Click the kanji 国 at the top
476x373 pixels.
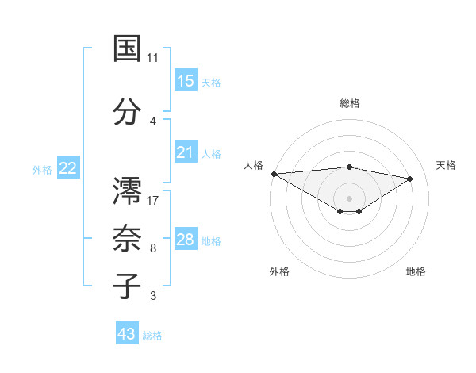coord(127,48)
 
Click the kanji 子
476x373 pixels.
coord(127,286)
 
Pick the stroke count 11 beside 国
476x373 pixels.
coord(153,58)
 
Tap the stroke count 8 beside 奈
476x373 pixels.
coord(153,249)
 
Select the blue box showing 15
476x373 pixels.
coord(186,81)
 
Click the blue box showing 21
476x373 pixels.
coord(186,152)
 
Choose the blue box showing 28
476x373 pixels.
coord(186,240)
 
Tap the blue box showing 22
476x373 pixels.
coord(68,168)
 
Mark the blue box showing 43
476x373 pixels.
coord(127,334)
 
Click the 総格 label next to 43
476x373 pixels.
coord(152,336)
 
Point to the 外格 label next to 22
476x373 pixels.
coord(42,169)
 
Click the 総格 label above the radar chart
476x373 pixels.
coord(350,103)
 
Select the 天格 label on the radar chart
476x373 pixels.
coord(447,165)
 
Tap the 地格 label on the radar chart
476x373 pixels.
coord(416,271)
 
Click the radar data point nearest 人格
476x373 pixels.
coord(274,174)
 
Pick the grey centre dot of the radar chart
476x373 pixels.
coord(349,197)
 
